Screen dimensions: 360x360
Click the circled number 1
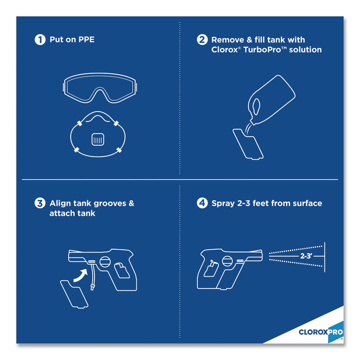(40, 40)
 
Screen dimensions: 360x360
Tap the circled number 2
(202, 40)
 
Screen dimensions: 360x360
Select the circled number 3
(40, 203)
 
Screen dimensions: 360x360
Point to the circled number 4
(202, 203)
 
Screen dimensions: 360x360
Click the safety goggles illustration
(100, 88)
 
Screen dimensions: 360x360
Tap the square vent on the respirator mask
(98, 139)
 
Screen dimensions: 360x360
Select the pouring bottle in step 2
(271, 99)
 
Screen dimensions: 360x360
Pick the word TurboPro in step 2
(262, 49)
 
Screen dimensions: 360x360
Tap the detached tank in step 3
(74, 294)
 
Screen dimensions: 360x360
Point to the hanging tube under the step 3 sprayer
(93, 277)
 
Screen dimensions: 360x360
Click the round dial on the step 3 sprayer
(105, 262)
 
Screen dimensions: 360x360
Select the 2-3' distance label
(306, 256)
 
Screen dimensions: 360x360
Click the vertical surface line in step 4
(324, 257)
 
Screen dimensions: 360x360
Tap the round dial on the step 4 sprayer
(227, 261)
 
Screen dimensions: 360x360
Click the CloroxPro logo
(321, 332)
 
